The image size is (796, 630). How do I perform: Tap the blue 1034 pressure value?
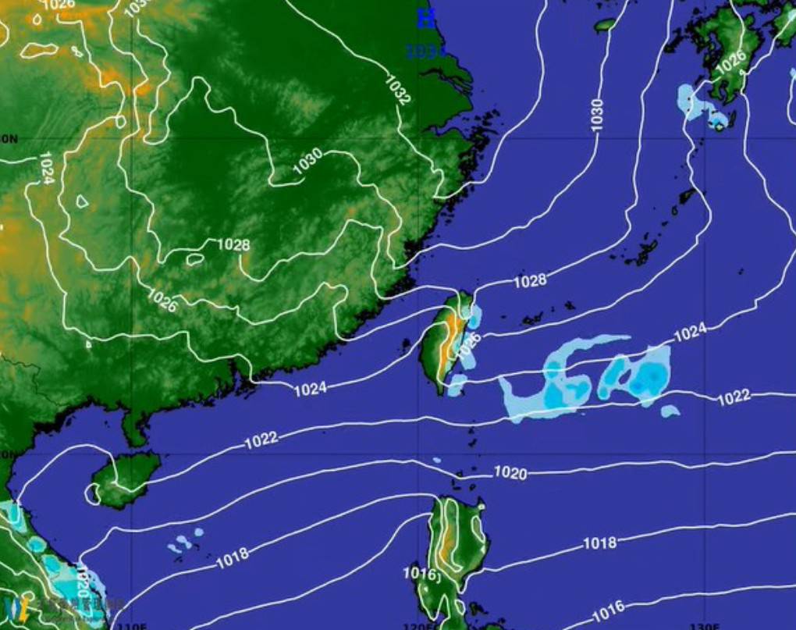click(x=425, y=52)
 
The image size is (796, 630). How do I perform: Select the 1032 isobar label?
click(x=397, y=90)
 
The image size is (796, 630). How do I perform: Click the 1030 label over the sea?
click(x=597, y=114)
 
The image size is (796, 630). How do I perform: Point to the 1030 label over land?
click(x=307, y=160)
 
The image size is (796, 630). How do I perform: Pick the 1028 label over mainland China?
click(x=233, y=245)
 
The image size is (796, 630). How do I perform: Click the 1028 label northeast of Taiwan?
click(x=530, y=280)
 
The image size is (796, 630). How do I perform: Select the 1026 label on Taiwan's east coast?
click(x=469, y=346)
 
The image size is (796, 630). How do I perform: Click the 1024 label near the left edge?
click(x=45, y=168)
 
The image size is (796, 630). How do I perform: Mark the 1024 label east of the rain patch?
click(x=689, y=333)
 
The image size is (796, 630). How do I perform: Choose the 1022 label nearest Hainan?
click(x=261, y=440)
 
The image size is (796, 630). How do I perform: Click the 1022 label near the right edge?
click(x=734, y=397)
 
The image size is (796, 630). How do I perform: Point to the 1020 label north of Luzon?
click(x=510, y=472)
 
